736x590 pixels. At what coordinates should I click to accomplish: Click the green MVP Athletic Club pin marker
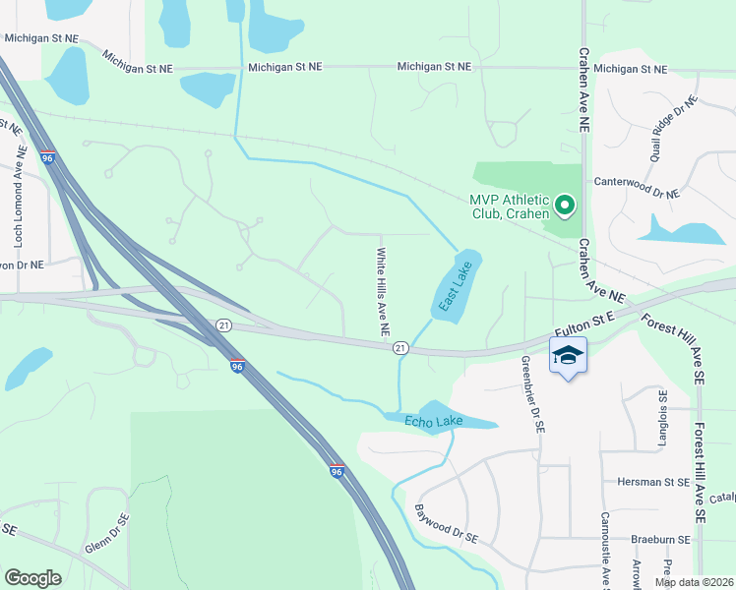(x=565, y=206)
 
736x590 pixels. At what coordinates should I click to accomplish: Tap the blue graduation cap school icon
(x=568, y=355)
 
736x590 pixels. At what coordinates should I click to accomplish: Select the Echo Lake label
(x=434, y=422)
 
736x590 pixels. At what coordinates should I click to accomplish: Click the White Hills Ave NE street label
(x=379, y=293)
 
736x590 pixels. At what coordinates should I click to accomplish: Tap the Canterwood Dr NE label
(x=637, y=183)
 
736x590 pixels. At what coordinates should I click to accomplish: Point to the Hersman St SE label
(x=653, y=483)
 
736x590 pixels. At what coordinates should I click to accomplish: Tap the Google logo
(x=32, y=577)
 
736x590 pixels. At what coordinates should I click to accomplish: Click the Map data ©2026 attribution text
(x=693, y=582)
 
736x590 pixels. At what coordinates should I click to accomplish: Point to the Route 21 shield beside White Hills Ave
(x=400, y=348)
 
